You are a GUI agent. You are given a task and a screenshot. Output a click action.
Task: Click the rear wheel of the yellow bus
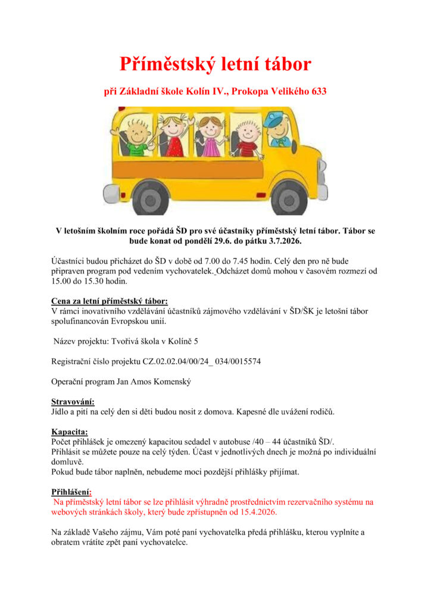(150, 196)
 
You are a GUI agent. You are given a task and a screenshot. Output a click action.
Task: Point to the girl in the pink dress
(208, 135)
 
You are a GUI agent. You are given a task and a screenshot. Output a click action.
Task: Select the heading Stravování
(73, 402)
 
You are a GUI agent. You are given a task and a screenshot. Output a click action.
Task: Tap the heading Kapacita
(69, 431)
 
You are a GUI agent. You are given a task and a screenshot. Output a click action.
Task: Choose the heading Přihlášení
(71, 492)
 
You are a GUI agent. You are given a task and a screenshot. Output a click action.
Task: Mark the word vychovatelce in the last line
(162, 542)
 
